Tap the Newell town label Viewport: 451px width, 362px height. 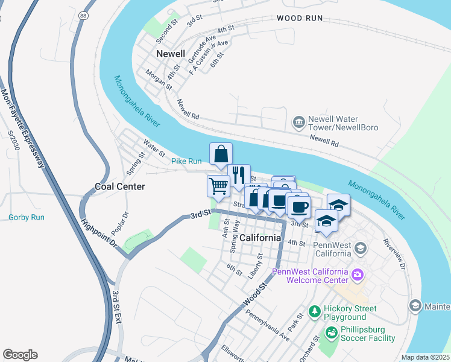point(170,54)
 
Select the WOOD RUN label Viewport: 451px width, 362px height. point(300,19)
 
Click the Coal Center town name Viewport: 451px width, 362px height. point(120,186)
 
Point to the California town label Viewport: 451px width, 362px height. point(260,238)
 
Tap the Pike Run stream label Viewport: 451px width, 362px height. point(186,161)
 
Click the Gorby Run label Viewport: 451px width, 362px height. point(27,217)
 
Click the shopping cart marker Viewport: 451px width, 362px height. point(218,186)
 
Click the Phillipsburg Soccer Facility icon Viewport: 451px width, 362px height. point(331,332)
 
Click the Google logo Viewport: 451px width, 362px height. point(20,355)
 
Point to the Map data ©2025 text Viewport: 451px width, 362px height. point(425,357)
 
